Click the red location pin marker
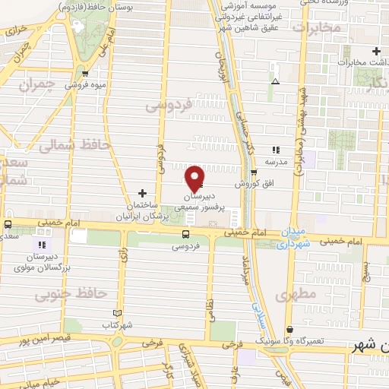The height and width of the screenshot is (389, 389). click(x=194, y=178)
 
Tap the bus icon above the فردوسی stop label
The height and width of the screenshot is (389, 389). click(x=187, y=235)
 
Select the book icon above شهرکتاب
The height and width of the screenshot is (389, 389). click(x=116, y=313)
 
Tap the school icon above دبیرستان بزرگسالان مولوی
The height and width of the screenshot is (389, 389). click(x=42, y=245)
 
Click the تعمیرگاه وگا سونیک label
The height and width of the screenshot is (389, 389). click(x=308, y=341)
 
